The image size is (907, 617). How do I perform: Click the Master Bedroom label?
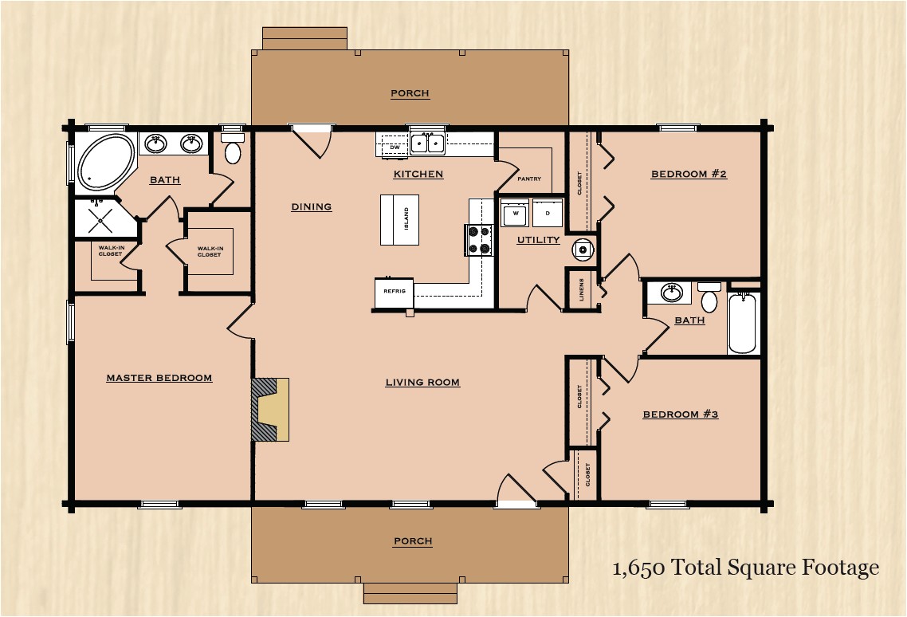(159, 378)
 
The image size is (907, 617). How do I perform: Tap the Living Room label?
(422, 383)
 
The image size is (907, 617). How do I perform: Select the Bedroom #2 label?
(689, 175)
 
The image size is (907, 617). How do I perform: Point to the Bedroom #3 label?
(681, 415)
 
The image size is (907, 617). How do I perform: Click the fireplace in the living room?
(270, 410)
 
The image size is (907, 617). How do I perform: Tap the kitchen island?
(399, 220)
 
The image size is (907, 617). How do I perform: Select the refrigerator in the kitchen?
(395, 292)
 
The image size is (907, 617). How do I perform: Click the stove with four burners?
(479, 240)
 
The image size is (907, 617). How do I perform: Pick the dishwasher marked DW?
(394, 147)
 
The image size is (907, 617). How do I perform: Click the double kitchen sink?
(428, 143)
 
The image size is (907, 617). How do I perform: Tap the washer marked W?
(515, 214)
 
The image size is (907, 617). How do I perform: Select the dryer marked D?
(548, 214)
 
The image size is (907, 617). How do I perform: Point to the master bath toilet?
(233, 151)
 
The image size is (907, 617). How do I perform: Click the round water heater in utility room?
(583, 250)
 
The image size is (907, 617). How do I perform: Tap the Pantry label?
(529, 179)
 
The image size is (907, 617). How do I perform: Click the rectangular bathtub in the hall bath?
(742, 323)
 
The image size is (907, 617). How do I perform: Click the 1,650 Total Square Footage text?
(745, 568)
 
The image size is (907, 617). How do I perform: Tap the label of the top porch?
(410, 94)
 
